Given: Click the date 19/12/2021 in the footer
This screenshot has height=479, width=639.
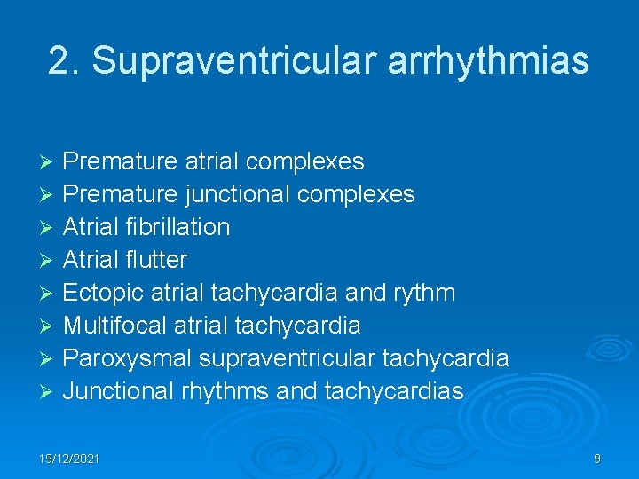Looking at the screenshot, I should click(x=68, y=459).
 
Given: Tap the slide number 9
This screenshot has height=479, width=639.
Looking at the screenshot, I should click(x=597, y=459).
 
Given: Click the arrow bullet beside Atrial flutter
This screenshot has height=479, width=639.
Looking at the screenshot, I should click(x=50, y=261).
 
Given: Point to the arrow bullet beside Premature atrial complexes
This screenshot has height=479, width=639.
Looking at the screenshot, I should click(x=50, y=162).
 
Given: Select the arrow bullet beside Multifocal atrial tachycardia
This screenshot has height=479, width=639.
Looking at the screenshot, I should click(x=50, y=326).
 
